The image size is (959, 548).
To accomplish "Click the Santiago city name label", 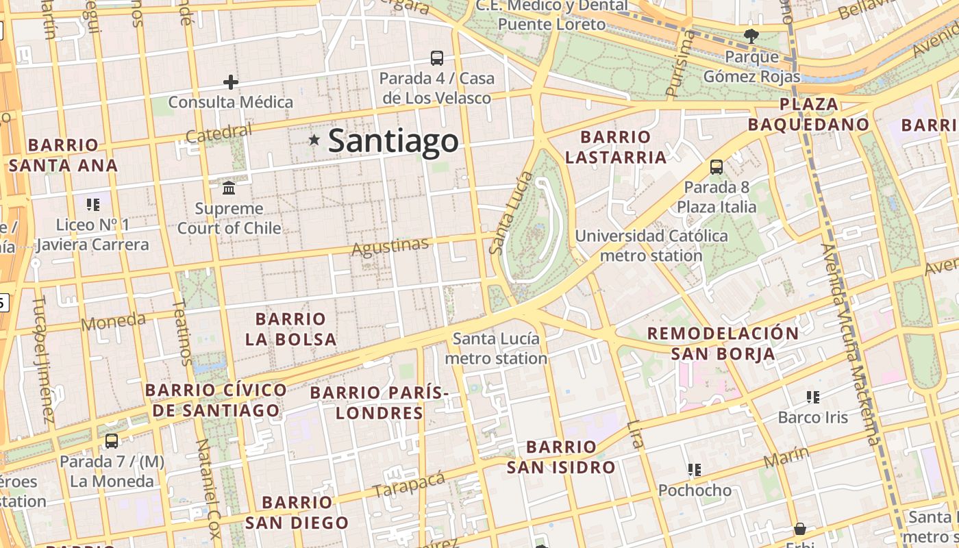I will click(x=393, y=141).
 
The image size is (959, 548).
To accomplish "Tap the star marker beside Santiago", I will click(x=314, y=140).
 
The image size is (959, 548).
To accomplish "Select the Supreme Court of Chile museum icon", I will click(x=229, y=188).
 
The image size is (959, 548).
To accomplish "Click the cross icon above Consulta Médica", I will click(x=231, y=83).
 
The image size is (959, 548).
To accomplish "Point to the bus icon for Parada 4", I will click(x=436, y=58).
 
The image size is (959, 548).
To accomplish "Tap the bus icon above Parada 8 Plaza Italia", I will click(x=716, y=166).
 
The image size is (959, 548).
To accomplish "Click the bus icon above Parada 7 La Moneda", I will click(x=112, y=440).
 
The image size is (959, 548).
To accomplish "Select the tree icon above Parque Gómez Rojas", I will click(x=751, y=36).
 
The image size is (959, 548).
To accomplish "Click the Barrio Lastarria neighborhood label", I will click(x=615, y=147).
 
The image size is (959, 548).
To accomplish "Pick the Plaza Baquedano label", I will click(x=808, y=114).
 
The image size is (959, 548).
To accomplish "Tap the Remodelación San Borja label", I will click(x=723, y=343).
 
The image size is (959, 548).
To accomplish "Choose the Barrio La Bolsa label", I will click(x=290, y=329).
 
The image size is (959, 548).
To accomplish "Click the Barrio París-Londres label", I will click(x=379, y=403).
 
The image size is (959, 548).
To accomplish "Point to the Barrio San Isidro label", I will click(x=561, y=458).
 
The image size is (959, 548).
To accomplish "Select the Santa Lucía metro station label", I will click(x=496, y=348).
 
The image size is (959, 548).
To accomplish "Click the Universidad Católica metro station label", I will click(x=651, y=245).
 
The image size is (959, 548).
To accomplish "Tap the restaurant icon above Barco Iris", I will click(x=813, y=397).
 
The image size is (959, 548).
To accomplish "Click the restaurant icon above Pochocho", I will click(x=695, y=470).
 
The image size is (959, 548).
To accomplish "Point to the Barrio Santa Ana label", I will click(x=63, y=155).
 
